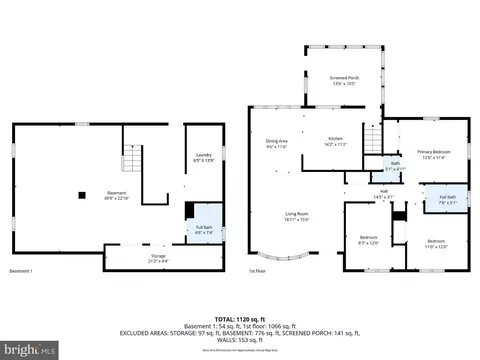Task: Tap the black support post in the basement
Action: click(x=85, y=194)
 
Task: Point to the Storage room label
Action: click(x=159, y=258)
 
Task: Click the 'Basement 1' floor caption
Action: click(x=21, y=271)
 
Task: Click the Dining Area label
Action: click(x=276, y=143)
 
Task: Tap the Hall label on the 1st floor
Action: click(x=383, y=194)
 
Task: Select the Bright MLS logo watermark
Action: click(x=30, y=349)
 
